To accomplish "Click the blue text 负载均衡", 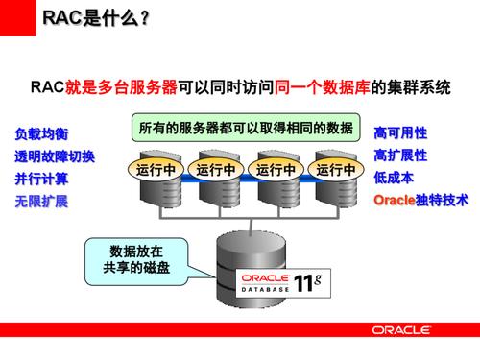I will tap(40, 133).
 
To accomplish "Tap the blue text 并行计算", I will tap(40, 179).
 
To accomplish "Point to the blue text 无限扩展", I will tap(40, 202).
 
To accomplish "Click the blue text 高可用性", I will tap(400, 132).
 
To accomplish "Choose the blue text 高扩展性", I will tap(400, 155).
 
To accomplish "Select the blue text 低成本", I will tap(394, 178).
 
